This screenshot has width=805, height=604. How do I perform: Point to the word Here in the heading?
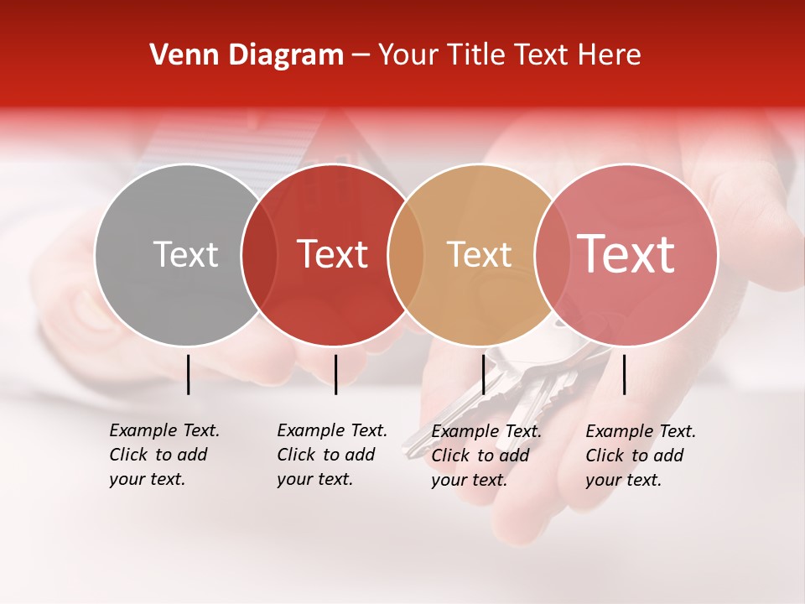[610, 55]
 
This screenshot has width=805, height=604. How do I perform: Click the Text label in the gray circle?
[185, 254]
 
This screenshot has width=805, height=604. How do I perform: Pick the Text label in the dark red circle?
[332, 254]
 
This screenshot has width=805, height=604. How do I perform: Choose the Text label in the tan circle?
[479, 254]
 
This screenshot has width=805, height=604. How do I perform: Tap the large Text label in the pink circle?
[626, 254]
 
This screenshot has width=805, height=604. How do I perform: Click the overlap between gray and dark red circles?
[259, 254]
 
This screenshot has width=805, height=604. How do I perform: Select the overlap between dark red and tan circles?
[406, 254]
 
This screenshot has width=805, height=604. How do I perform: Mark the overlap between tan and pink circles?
[552, 254]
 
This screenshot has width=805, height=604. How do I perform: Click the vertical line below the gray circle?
[189, 374]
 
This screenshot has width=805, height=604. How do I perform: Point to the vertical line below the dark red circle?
[335, 374]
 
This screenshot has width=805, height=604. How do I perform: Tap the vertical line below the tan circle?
[483, 374]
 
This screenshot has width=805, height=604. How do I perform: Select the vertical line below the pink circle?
[624, 374]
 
